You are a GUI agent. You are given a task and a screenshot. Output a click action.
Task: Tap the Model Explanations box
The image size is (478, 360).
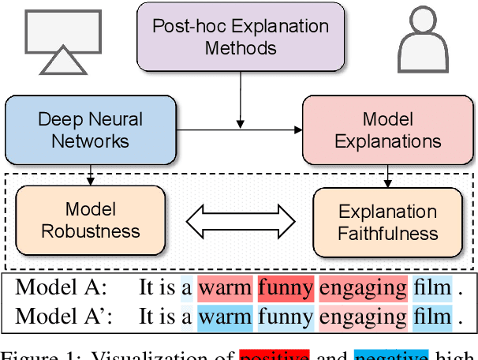tap(387, 130)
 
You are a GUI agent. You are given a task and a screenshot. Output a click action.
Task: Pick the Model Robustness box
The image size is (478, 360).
tap(91, 221)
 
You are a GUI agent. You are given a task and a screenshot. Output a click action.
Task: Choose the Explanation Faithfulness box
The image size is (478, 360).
tap(387, 222)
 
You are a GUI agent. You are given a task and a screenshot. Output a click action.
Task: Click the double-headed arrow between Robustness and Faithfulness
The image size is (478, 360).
tap(239, 220)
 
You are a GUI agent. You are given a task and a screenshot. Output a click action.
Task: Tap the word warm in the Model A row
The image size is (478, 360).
tap(225, 288)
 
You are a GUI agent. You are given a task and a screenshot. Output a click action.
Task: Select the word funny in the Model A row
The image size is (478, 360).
tap(285, 288)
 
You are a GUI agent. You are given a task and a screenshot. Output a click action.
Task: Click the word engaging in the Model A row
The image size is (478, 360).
tap(362, 288)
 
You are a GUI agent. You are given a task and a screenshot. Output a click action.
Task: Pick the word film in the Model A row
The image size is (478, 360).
tap(431, 288)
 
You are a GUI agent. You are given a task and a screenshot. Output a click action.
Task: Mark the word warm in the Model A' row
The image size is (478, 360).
tap(225, 317)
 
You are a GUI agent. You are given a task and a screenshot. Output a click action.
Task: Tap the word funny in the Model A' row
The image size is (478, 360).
tap(285, 317)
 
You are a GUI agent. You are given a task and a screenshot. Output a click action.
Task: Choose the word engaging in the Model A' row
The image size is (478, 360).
tap(362, 317)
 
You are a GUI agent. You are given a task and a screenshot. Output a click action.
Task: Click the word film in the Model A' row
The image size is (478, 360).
tap(431, 317)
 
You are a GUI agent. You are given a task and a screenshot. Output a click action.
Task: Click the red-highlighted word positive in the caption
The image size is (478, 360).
tap(274, 354)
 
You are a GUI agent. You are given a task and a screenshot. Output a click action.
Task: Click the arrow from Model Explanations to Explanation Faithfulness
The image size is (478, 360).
tap(387, 174)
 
